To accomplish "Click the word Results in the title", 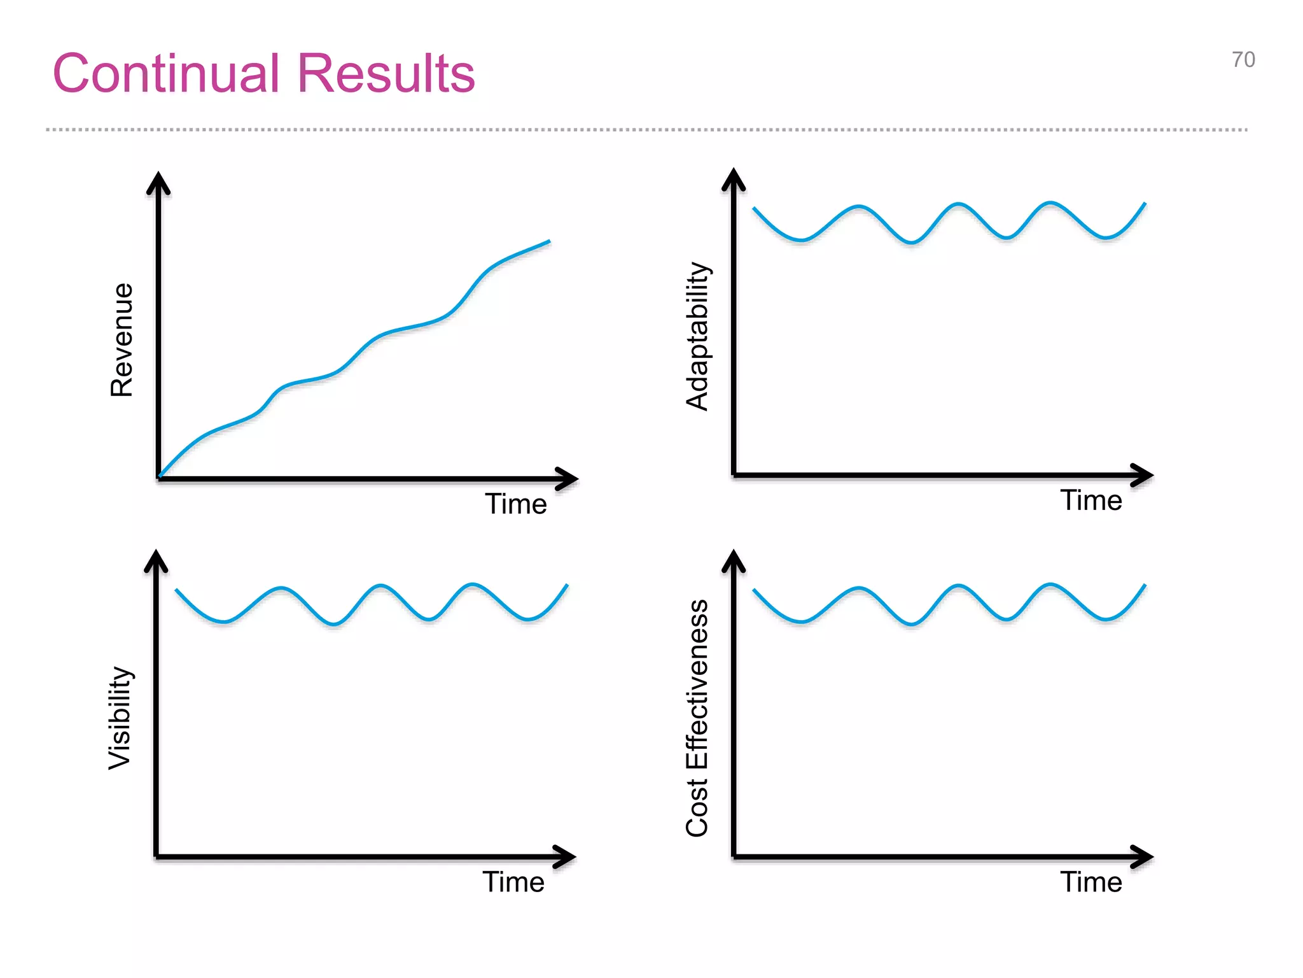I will [x=386, y=73].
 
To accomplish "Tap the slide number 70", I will [x=1243, y=60].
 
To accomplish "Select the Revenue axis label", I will [x=122, y=340].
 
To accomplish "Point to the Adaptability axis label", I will [x=697, y=336].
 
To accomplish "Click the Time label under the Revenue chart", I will [x=516, y=504].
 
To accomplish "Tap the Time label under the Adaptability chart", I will [x=1090, y=500].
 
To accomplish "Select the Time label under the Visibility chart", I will [x=513, y=882].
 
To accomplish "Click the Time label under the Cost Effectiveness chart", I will [x=1090, y=882].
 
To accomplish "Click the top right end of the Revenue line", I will [x=548, y=242].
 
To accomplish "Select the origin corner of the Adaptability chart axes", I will [x=734, y=474].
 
